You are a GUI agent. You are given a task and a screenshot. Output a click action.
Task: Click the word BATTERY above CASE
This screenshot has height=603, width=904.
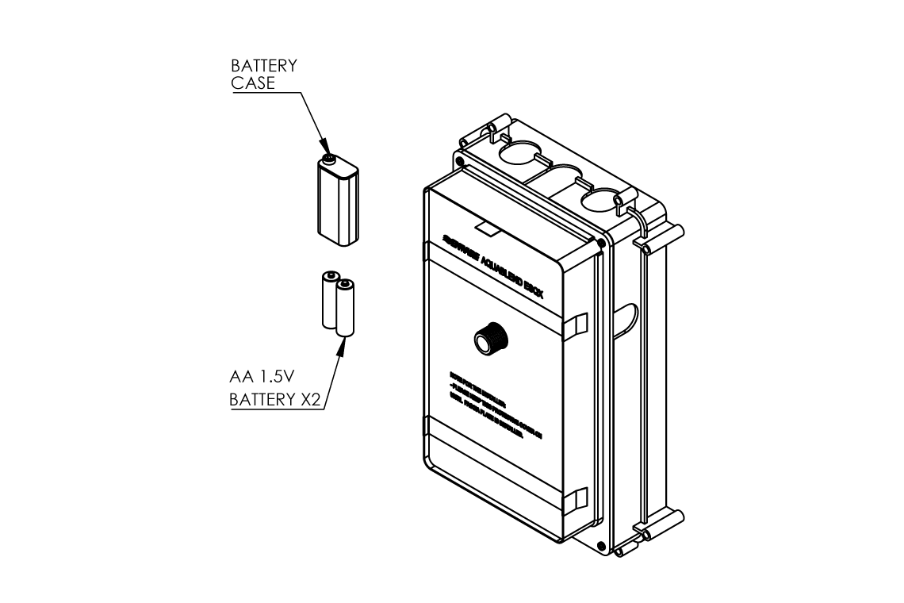tap(263, 66)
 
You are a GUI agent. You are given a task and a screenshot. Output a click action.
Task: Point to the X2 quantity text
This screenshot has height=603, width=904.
tap(310, 399)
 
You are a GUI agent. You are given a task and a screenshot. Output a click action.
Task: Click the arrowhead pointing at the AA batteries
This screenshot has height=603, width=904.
tap(341, 344)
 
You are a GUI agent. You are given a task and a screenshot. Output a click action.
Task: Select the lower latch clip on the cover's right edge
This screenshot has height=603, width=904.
tap(576, 499)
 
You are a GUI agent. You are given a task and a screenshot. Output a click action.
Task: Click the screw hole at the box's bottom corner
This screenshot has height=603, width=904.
tap(600, 545)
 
